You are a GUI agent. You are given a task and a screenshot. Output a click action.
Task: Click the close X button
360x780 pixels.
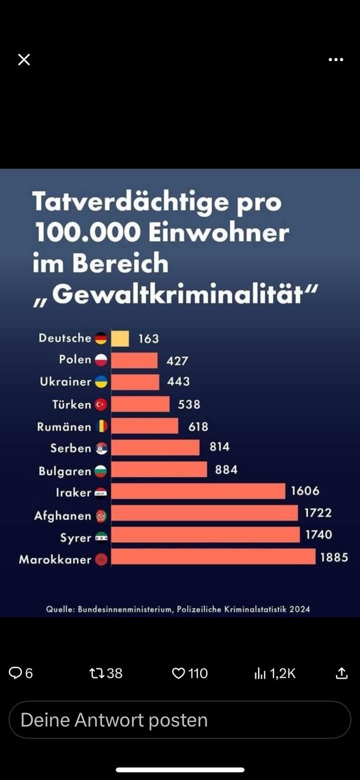point(24,60)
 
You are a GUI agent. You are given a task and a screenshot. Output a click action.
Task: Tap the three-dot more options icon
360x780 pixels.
point(335,60)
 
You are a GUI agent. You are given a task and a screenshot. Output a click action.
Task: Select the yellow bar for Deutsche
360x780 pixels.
point(120,338)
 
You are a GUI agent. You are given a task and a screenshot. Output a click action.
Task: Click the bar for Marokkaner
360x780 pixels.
point(213,557)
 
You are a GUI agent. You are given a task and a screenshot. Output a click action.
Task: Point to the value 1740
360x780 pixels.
point(318,534)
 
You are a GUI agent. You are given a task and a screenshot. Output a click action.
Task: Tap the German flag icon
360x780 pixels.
point(101,338)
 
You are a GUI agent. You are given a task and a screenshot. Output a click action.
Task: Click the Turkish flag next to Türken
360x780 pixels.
point(101,404)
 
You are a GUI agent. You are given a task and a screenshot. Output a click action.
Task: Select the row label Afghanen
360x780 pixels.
point(62,515)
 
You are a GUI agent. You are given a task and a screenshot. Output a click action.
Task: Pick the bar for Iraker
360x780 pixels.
point(198,491)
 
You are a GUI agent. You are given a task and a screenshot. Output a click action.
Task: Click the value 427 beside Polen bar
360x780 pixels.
point(176,360)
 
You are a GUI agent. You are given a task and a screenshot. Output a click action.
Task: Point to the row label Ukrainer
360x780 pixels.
point(66,382)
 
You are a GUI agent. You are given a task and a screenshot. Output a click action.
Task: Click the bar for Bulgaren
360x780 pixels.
point(159,469)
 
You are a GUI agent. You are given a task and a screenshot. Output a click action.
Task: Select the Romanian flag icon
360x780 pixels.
point(101,426)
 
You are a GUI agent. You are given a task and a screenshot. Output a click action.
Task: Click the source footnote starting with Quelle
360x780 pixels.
point(177,609)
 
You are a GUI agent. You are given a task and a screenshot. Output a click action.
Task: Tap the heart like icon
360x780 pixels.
point(178,673)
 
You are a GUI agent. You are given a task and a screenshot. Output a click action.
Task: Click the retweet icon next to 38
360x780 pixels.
point(97,673)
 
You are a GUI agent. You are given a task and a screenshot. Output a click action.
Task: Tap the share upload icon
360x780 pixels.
point(342,673)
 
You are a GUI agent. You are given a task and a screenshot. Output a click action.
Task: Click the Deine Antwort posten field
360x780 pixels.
point(179,720)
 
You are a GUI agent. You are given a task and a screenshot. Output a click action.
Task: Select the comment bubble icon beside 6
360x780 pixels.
point(15,673)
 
